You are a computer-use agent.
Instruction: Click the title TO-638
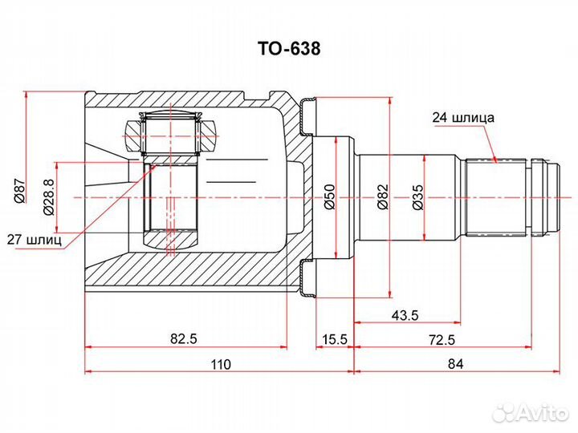pos(289,48)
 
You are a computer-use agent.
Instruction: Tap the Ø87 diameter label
pos(18,190)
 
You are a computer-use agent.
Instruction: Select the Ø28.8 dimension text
pos(49,196)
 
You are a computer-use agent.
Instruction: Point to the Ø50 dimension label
pos(329,196)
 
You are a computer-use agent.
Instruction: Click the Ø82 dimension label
pos(383,196)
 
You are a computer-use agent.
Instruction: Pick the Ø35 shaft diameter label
pos(417,196)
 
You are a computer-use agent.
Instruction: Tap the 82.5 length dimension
pos(185,338)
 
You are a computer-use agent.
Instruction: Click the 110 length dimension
pos(221,364)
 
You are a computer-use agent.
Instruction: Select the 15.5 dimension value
pos(334,338)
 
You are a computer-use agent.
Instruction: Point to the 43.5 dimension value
pos(405,315)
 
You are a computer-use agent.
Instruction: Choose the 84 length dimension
pos(456,364)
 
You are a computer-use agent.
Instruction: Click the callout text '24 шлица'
pos(463,117)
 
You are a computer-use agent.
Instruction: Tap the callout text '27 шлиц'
pos(35,240)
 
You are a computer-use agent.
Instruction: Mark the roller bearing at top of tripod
pos(171,135)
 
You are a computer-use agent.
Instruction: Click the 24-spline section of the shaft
pos(495,197)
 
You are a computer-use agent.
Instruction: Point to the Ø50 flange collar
pos(333,198)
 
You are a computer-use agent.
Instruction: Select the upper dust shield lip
pos(307,116)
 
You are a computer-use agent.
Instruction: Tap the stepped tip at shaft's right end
pos(547,197)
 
